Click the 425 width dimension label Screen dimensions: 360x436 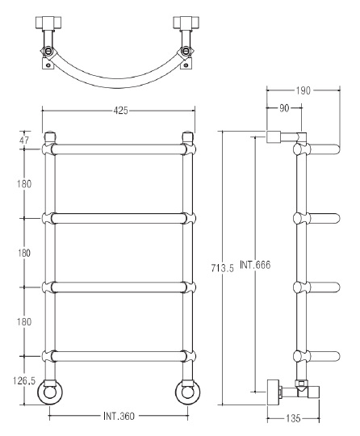120,111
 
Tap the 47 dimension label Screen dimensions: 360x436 24,140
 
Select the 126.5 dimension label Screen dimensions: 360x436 24,380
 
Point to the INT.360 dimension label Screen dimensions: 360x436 119,417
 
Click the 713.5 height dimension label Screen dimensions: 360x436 223,268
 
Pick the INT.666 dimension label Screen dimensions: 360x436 255,265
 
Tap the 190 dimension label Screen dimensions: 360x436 303,90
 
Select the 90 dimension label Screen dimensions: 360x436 284,108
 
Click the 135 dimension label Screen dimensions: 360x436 293,418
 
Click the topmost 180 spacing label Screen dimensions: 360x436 24,184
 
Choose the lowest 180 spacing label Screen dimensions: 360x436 24,321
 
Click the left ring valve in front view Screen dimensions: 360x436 50,392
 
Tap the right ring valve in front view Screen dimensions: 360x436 187,392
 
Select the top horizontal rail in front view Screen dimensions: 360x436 119,149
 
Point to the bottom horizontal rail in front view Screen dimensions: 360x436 119,356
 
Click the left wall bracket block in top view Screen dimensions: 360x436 48,23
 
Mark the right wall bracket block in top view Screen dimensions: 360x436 186,23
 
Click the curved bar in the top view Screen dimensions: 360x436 117,81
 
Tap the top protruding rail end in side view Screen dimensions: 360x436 324,149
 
